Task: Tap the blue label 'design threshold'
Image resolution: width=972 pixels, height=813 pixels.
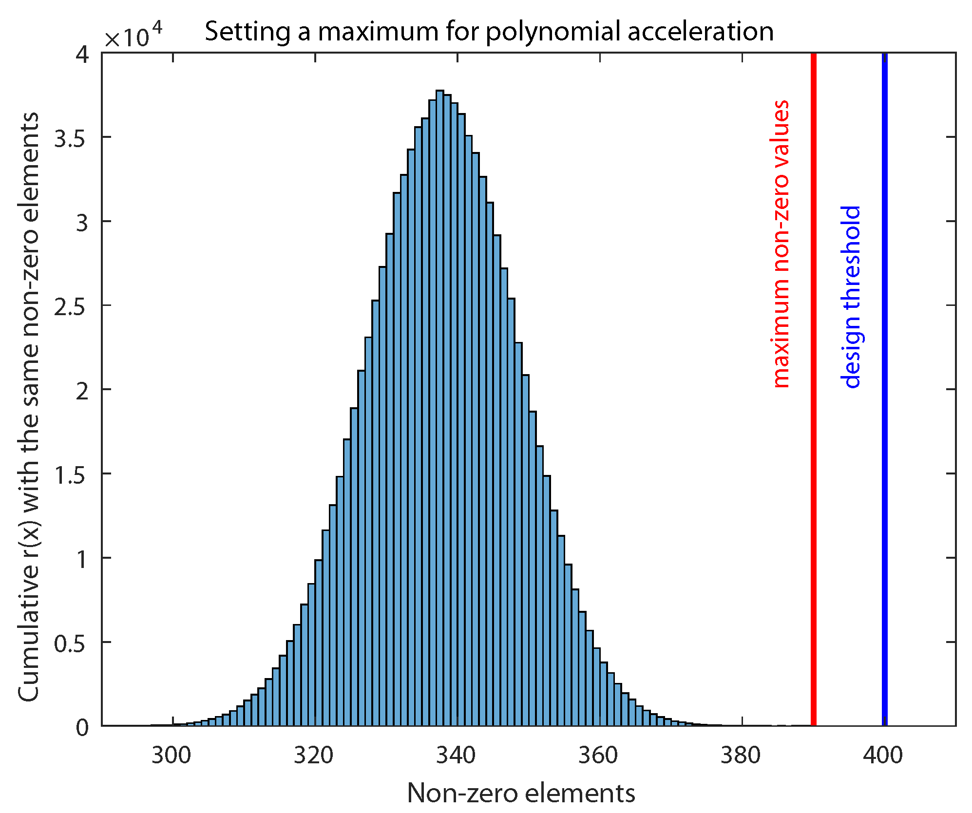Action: pos(851,297)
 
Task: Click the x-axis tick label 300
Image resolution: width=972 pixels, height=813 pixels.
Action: pos(171,756)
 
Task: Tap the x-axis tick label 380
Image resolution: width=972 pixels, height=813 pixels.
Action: pos(741,756)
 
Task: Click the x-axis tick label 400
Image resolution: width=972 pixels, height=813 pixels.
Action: pos(883,756)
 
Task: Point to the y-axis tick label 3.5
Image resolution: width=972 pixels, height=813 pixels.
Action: pos(69,139)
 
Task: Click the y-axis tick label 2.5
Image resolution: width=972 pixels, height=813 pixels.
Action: pos(69,307)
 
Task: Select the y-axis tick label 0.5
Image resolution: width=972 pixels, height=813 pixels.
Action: pos(69,644)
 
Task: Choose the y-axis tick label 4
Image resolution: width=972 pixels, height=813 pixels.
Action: pos(82,55)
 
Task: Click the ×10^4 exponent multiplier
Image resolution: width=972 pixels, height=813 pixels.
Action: pos(133,36)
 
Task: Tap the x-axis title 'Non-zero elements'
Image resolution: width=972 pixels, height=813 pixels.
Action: pos(521,793)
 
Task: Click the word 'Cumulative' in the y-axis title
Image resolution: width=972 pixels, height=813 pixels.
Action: pos(28,633)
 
